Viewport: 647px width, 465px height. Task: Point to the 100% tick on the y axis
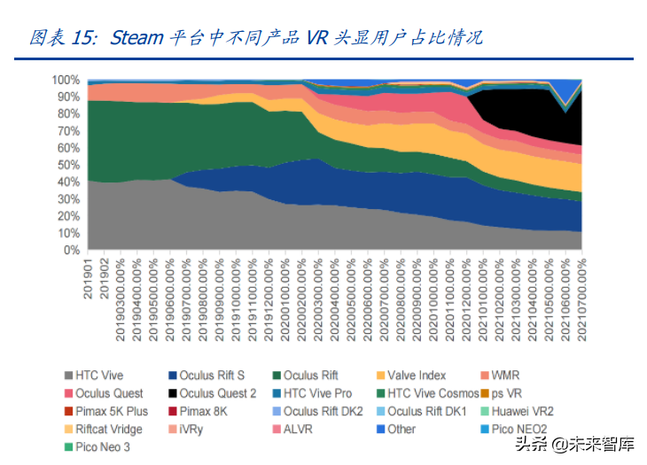click(66, 80)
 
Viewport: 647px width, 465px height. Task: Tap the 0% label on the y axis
click(73, 251)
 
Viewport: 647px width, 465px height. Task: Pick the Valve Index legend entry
click(416, 376)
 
